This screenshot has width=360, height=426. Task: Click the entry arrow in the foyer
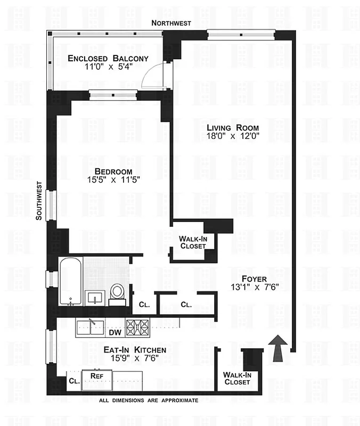pos(277,348)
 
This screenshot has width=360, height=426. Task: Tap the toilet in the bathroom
pos(117,293)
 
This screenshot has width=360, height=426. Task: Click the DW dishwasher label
pos(115,333)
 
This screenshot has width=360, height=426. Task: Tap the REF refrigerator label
pos(96,375)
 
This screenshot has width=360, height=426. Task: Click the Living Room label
pos(233,128)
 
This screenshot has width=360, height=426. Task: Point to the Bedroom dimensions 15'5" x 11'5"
pos(113,180)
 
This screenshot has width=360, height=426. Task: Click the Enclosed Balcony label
pos(108,58)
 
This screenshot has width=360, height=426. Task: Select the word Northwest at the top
pos(171,22)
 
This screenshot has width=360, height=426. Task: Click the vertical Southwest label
pos(38,200)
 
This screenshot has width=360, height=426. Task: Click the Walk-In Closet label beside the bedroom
pos(193,242)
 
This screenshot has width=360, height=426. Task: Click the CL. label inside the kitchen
pos(73,381)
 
